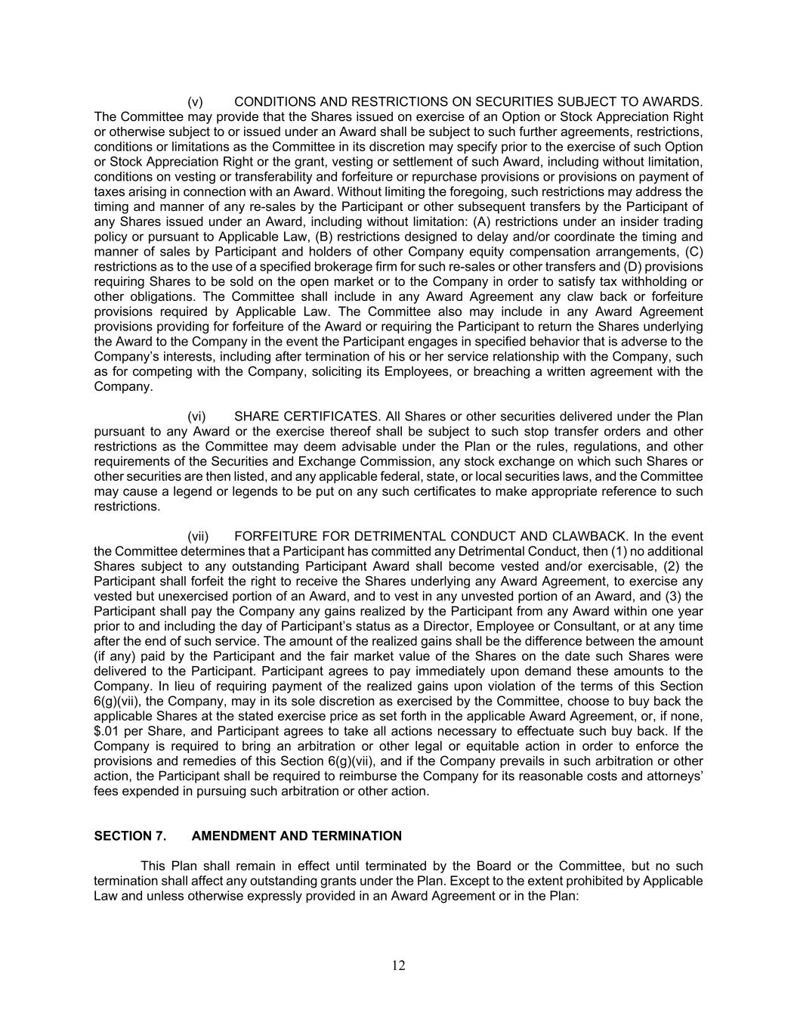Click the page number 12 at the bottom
click(398, 965)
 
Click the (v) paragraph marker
click(195, 101)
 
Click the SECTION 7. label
click(130, 836)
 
